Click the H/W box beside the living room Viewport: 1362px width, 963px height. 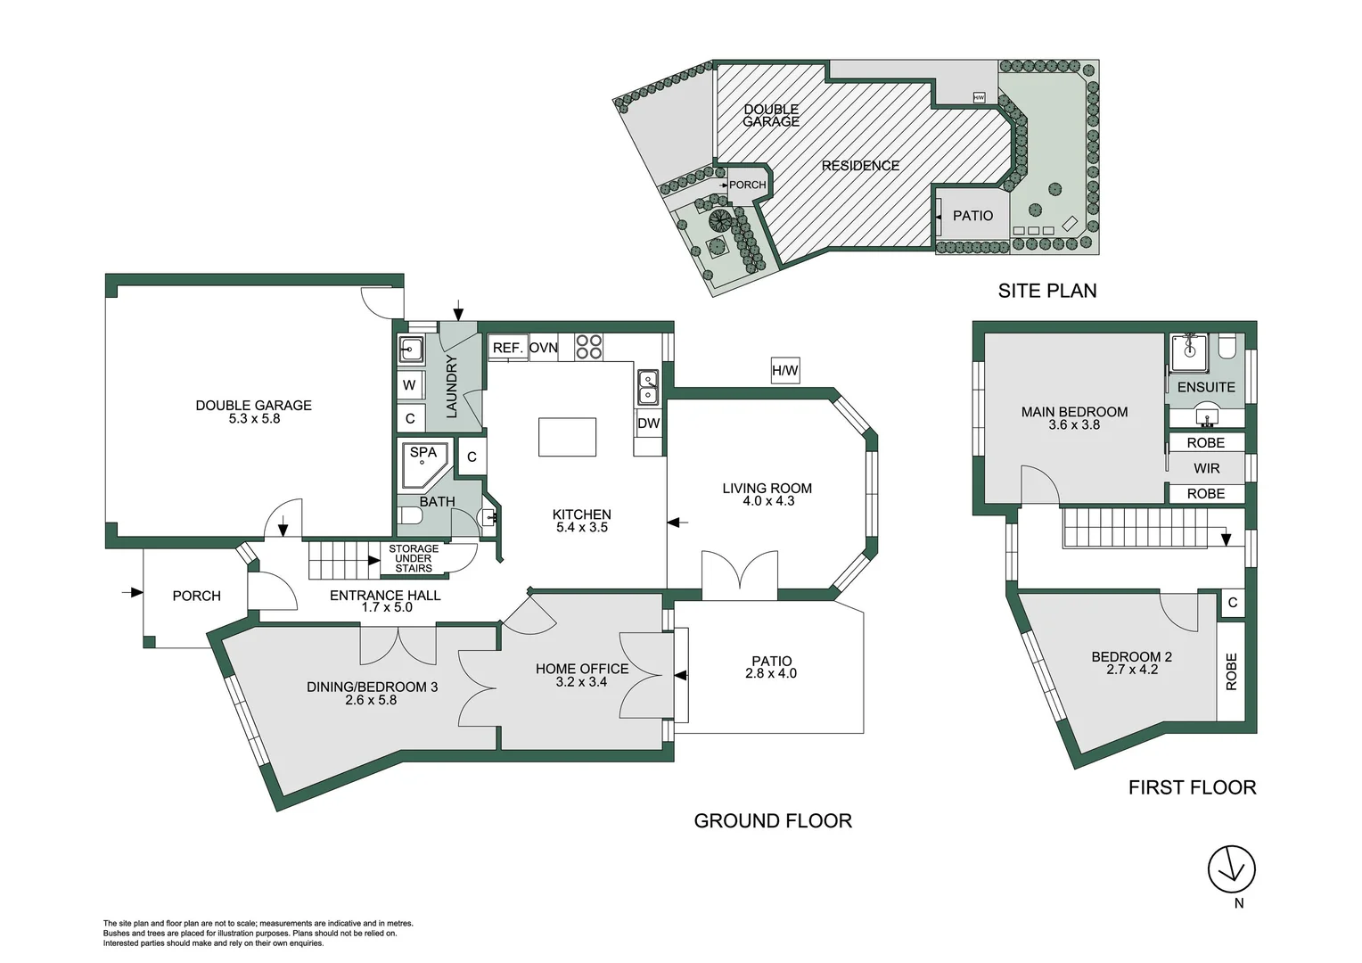point(785,371)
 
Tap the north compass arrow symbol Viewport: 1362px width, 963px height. point(1231,868)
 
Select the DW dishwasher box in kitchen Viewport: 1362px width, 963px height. point(648,424)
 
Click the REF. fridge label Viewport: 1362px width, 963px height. point(507,348)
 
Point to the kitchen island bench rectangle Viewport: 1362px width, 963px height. point(568,437)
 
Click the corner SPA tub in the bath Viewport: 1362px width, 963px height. point(422,462)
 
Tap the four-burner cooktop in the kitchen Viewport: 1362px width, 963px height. point(588,346)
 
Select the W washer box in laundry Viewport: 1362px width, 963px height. point(409,385)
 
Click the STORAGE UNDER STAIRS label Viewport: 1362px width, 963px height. point(414,558)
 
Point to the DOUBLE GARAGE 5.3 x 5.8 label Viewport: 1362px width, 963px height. point(254,411)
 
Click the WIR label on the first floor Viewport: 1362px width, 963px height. point(1206,468)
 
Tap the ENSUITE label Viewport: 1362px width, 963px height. point(1206,387)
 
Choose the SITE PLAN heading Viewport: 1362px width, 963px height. point(1047,291)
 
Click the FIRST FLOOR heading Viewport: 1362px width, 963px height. point(1192,787)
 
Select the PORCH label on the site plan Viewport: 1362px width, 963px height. point(747,185)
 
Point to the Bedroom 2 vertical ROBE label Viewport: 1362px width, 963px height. point(1231,671)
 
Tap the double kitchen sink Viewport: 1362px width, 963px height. point(648,387)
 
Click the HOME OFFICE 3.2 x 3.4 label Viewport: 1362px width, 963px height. point(582,675)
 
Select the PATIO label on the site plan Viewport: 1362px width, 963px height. point(972,216)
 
